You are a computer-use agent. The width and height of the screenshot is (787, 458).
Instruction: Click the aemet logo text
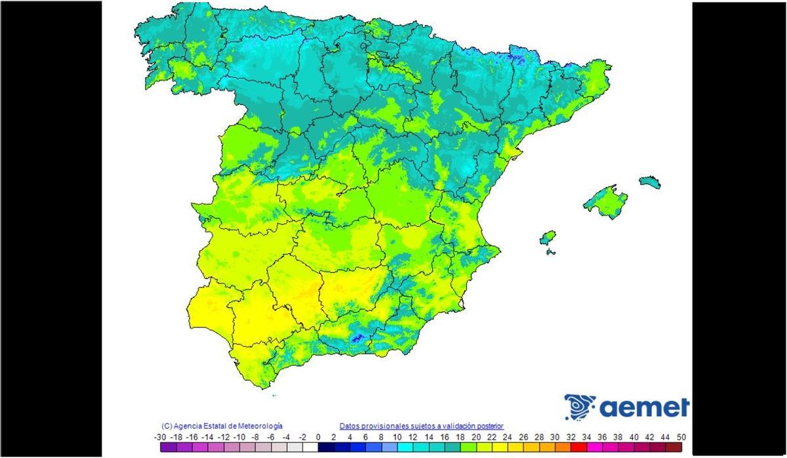pyautogui.click(x=644, y=407)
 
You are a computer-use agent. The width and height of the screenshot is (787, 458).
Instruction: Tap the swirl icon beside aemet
pyautogui.click(x=579, y=407)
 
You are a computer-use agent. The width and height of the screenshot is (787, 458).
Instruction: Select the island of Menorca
pyautogui.click(x=650, y=182)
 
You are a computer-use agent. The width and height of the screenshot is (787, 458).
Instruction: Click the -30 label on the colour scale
pyautogui.click(x=159, y=436)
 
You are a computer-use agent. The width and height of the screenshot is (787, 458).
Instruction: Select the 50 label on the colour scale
pyautogui.click(x=682, y=436)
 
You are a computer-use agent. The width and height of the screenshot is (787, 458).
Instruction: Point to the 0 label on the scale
pyautogui.click(x=318, y=436)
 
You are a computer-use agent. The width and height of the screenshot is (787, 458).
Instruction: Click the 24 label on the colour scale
pyautogui.click(x=508, y=436)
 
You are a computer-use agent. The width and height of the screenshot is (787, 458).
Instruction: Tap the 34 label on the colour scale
pyautogui.click(x=586, y=436)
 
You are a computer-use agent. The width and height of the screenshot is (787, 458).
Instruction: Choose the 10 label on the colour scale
pyautogui.click(x=397, y=436)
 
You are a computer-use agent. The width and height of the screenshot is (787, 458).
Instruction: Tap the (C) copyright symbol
pyautogui.click(x=167, y=426)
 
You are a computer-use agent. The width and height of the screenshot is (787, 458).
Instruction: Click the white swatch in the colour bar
pyautogui.click(x=310, y=448)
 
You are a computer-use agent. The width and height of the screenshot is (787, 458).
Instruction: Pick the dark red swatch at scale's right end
pyautogui.click(x=674, y=448)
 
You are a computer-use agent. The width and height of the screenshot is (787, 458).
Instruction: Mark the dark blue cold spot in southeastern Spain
pyautogui.click(x=357, y=339)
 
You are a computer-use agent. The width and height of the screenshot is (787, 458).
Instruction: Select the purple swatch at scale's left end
pyautogui.click(x=168, y=448)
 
